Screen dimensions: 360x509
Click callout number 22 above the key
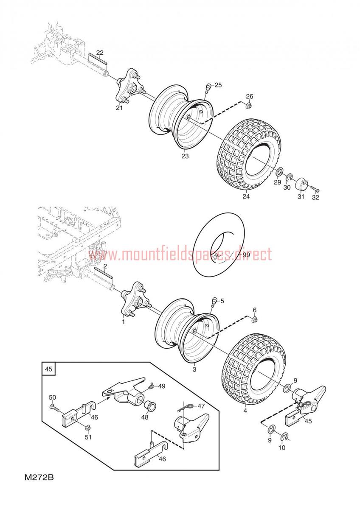[x=100, y=53]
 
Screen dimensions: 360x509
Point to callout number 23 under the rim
[x=185, y=156]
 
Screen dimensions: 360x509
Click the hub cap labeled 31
[x=301, y=184]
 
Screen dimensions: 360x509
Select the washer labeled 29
[x=279, y=171]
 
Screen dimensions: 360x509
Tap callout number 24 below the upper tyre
[x=246, y=196]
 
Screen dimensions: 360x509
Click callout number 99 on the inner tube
[x=246, y=255]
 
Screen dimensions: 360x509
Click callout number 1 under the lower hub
[x=124, y=322]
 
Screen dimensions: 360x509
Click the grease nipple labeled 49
[x=152, y=386]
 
